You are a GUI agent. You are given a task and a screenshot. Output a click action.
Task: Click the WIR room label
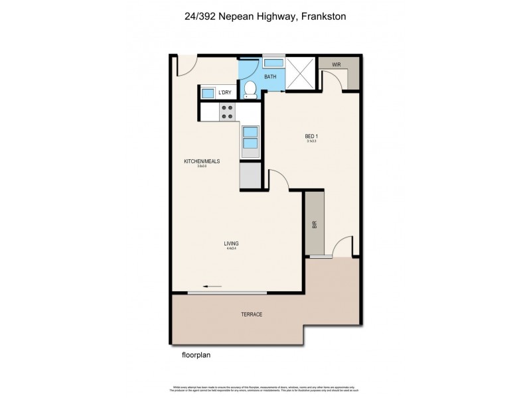click(337, 65)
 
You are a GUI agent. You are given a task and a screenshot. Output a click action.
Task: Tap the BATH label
click(270, 77)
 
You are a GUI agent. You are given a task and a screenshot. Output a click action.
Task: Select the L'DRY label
click(224, 93)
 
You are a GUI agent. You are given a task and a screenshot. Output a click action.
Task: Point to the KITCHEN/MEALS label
click(202, 161)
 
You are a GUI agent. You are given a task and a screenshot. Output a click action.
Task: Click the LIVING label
click(231, 243)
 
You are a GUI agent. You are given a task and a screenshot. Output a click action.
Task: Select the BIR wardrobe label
click(315, 225)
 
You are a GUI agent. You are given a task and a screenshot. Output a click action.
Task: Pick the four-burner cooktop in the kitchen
click(228, 112)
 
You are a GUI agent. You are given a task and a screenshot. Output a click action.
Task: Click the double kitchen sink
click(250, 137)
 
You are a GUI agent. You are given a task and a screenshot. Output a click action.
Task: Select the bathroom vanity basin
click(273, 63)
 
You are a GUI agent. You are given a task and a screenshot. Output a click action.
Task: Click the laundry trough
click(208, 93)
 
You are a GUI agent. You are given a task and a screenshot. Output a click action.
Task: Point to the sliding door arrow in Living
click(212, 287)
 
